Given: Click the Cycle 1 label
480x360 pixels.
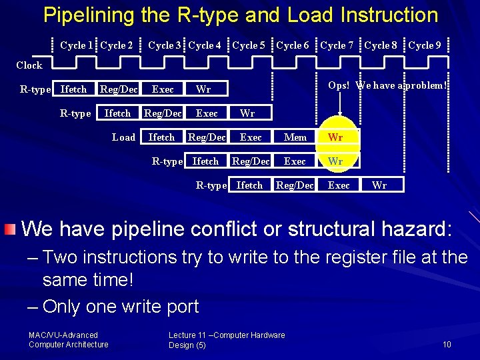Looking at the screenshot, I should click(76, 45).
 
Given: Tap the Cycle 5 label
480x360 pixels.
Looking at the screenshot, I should click(248, 45).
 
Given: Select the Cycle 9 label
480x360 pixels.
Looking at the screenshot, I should click(424, 45).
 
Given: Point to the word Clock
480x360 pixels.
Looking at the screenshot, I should click(29, 65).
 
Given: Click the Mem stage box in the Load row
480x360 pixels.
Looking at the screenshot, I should click(295, 137).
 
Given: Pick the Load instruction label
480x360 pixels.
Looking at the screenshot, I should click(123, 137).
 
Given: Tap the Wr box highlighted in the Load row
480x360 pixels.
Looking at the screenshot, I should click(336, 137).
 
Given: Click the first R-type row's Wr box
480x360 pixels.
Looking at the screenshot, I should click(203, 89).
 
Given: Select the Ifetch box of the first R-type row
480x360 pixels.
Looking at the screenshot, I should click(73, 89).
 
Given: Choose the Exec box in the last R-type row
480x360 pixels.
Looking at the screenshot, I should click(339, 185).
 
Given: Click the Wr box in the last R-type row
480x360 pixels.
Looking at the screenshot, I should click(379, 185).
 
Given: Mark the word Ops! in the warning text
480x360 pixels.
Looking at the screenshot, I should click(339, 85).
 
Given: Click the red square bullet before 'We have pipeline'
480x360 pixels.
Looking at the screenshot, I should click(9, 230).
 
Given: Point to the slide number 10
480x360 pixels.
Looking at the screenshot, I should click(447, 344).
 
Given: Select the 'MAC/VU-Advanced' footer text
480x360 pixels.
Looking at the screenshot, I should click(63, 335).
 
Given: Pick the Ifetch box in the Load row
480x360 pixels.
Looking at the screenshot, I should click(161, 137).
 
